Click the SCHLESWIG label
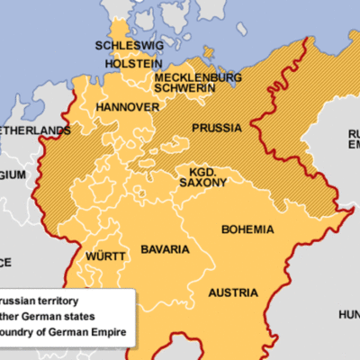[125, 46]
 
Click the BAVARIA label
[165, 248]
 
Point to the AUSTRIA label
[233, 292]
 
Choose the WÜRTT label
[105, 256]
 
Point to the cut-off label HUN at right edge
[348, 314]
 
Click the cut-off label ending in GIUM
[13, 175]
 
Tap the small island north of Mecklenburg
[209, 51]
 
